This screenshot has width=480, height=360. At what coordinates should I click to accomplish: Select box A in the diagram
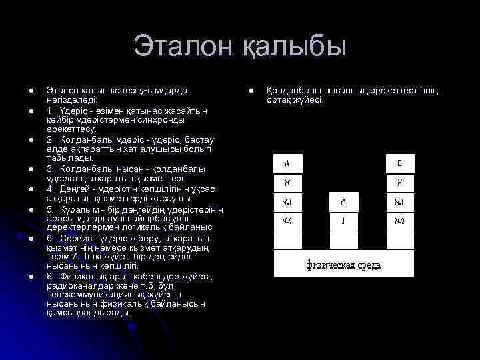[288, 163]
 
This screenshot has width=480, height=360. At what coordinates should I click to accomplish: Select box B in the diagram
[400, 163]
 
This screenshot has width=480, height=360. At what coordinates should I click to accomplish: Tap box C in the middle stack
[344, 202]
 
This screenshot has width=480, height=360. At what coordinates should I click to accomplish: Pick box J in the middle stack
[344, 221]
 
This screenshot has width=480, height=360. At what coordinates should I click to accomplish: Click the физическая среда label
[344, 265]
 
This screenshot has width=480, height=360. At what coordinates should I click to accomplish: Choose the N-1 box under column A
[288, 202]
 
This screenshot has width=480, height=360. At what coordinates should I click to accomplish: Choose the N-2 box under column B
[400, 221]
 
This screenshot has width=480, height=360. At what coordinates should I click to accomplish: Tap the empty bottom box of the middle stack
[344, 239]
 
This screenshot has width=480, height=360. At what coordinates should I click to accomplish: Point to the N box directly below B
[400, 183]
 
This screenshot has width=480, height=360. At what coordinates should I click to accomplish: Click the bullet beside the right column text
[252, 90]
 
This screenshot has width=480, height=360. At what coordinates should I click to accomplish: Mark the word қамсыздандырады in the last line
[88, 312]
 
